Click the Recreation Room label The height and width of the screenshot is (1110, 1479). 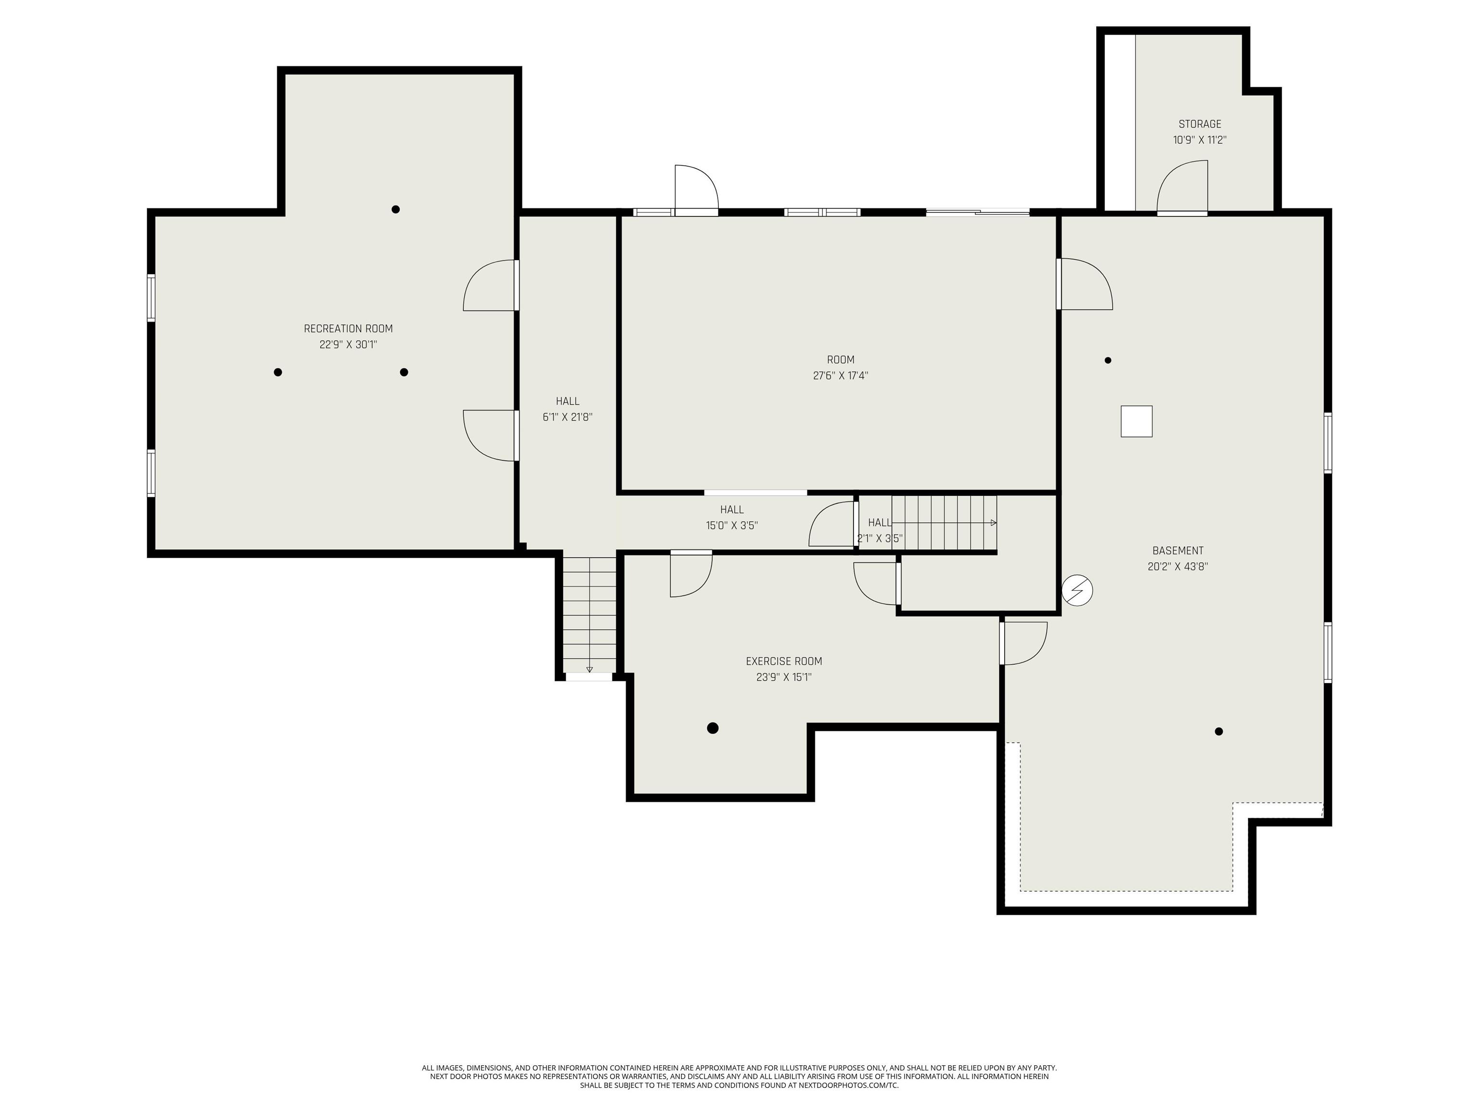[x=348, y=329]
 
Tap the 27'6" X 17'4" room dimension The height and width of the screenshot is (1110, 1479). [x=841, y=376]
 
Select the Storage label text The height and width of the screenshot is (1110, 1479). [x=1199, y=124]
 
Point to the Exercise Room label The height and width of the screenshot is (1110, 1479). [x=784, y=661]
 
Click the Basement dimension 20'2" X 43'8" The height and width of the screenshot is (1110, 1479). [x=1178, y=567]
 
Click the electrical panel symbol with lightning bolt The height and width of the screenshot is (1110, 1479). [x=1077, y=591]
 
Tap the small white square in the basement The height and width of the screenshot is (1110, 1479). [x=1136, y=422]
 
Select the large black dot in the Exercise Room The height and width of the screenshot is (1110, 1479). [x=713, y=728]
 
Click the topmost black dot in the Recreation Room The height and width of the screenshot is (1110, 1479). [x=396, y=210]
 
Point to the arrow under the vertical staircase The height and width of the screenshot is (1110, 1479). [x=589, y=669]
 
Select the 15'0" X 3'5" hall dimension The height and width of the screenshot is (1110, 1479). [x=731, y=526]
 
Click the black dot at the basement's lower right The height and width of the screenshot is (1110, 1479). [x=1218, y=731]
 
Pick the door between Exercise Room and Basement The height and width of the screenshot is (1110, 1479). [x=1023, y=642]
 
